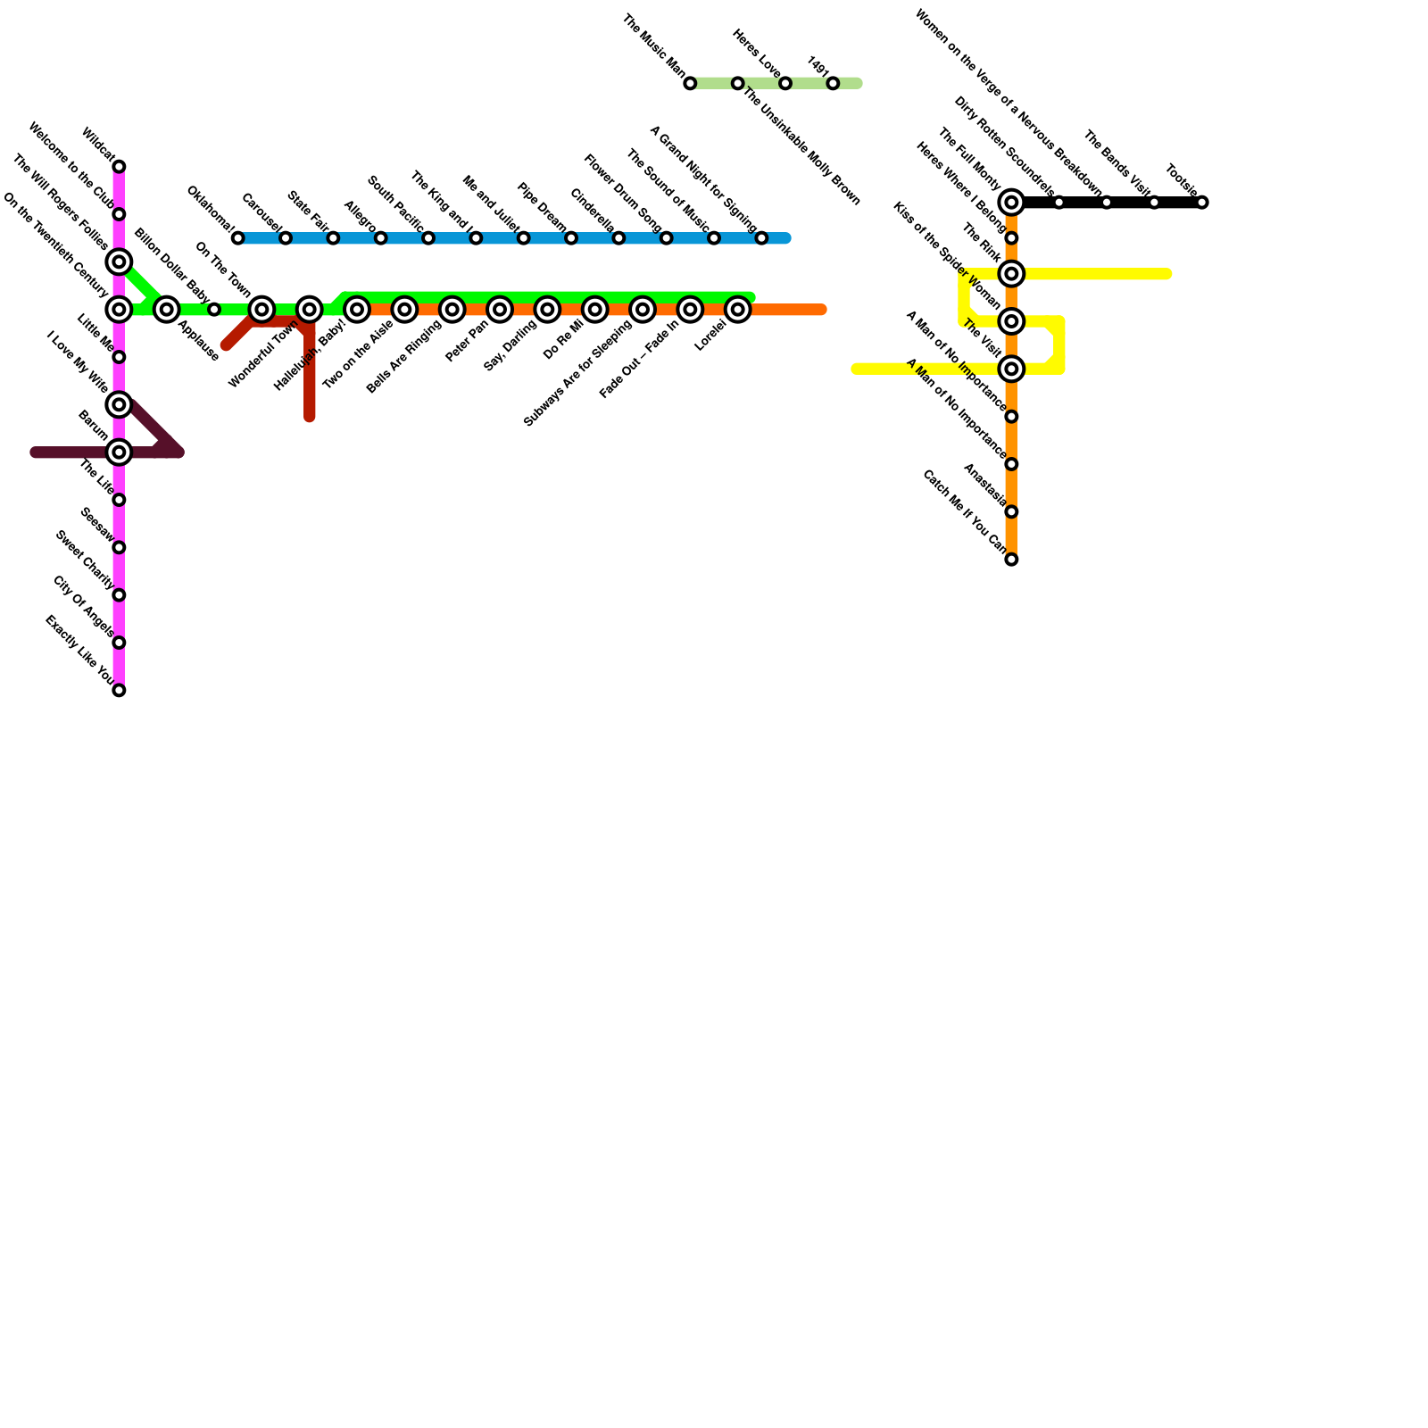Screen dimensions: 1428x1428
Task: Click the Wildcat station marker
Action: click(119, 167)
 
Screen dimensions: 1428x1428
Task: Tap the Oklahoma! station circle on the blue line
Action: click(237, 238)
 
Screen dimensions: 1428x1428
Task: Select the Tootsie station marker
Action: click(1202, 203)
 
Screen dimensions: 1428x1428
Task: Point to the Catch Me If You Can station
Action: click(1011, 560)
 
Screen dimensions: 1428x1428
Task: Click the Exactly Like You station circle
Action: click(119, 690)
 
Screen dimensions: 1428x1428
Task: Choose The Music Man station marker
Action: click(690, 84)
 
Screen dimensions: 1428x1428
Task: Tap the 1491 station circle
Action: click(833, 84)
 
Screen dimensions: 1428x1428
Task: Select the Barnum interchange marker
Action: click(119, 452)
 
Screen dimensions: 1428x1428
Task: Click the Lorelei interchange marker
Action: click(737, 310)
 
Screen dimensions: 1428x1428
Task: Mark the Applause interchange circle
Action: click(166, 310)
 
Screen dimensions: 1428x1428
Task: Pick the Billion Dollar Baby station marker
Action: click(214, 310)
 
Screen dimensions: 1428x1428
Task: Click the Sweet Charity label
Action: click(84, 560)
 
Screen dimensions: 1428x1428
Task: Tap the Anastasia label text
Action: click(984, 485)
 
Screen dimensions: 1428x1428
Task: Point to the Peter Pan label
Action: click(467, 342)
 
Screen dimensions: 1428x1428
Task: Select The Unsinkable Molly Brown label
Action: click(801, 146)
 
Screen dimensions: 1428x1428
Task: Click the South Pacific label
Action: click(394, 203)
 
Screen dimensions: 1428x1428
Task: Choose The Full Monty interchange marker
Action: click(1011, 203)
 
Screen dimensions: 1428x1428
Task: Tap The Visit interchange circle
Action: click(1011, 369)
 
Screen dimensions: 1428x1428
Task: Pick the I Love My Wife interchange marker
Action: click(119, 404)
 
